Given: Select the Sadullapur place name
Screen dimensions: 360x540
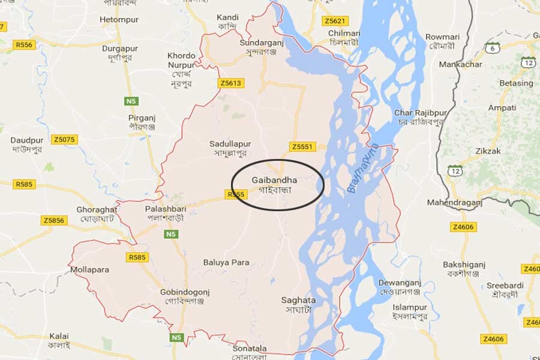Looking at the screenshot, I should (230, 144).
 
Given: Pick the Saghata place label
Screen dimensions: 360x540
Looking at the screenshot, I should (298, 300).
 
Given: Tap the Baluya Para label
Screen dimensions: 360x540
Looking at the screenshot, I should (226, 262).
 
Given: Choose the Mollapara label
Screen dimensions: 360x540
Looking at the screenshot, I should (89, 269).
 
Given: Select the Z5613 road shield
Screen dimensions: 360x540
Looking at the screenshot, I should (231, 83).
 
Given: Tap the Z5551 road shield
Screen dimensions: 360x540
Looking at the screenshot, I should (302, 146).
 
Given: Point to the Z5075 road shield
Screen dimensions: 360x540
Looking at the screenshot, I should (64, 140).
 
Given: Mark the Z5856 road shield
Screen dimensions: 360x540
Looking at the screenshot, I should (54, 221).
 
